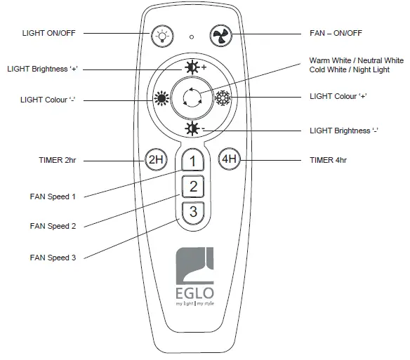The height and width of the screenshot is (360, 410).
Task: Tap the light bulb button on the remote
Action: click(x=164, y=35)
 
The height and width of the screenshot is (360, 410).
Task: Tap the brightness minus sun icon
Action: click(x=191, y=128)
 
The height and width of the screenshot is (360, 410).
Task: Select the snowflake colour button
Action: click(x=223, y=98)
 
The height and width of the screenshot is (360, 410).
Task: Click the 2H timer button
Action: click(x=155, y=159)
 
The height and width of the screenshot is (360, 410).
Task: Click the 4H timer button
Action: click(x=230, y=159)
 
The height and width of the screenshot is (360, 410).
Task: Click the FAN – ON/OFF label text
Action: click(x=338, y=34)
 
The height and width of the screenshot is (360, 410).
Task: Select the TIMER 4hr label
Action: click(x=328, y=160)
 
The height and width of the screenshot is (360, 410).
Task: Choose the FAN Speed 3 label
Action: click(x=53, y=258)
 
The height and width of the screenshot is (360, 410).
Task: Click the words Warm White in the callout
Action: click(x=330, y=60)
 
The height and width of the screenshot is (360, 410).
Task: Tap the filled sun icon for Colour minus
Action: click(x=162, y=98)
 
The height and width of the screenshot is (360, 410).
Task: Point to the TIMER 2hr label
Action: click(x=57, y=160)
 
